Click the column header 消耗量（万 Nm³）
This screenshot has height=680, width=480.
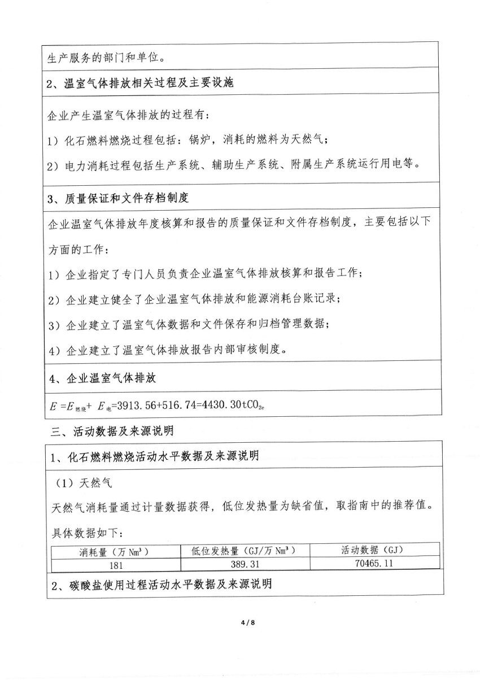[x=116, y=551]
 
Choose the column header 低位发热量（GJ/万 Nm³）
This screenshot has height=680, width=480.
[x=245, y=550]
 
